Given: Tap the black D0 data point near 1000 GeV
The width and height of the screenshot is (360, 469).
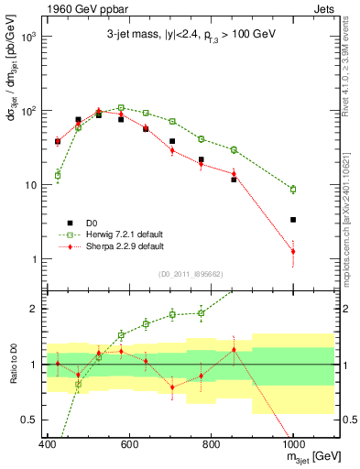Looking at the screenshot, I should point(293,220).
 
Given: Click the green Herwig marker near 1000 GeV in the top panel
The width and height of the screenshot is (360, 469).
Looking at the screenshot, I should point(293,190).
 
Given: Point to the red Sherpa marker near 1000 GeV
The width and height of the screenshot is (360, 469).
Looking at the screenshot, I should point(293,251).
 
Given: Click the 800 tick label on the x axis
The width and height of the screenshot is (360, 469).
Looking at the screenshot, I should point(211,444).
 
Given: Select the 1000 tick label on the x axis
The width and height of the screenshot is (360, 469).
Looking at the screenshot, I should point(293,444).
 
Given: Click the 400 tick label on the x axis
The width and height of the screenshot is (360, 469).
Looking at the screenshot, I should point(48,444).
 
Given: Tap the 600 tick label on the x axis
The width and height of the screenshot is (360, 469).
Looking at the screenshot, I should point(129,444).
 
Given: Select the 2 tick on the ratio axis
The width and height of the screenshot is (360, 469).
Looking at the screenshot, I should point(37,309).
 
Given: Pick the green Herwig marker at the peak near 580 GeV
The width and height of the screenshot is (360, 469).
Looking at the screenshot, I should point(121,108).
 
